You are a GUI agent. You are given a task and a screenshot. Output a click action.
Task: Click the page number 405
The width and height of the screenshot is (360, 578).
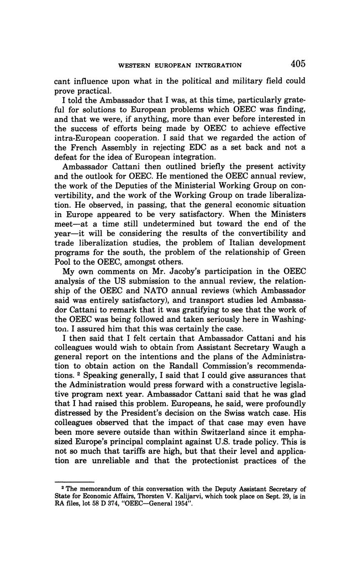coord(298,64)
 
